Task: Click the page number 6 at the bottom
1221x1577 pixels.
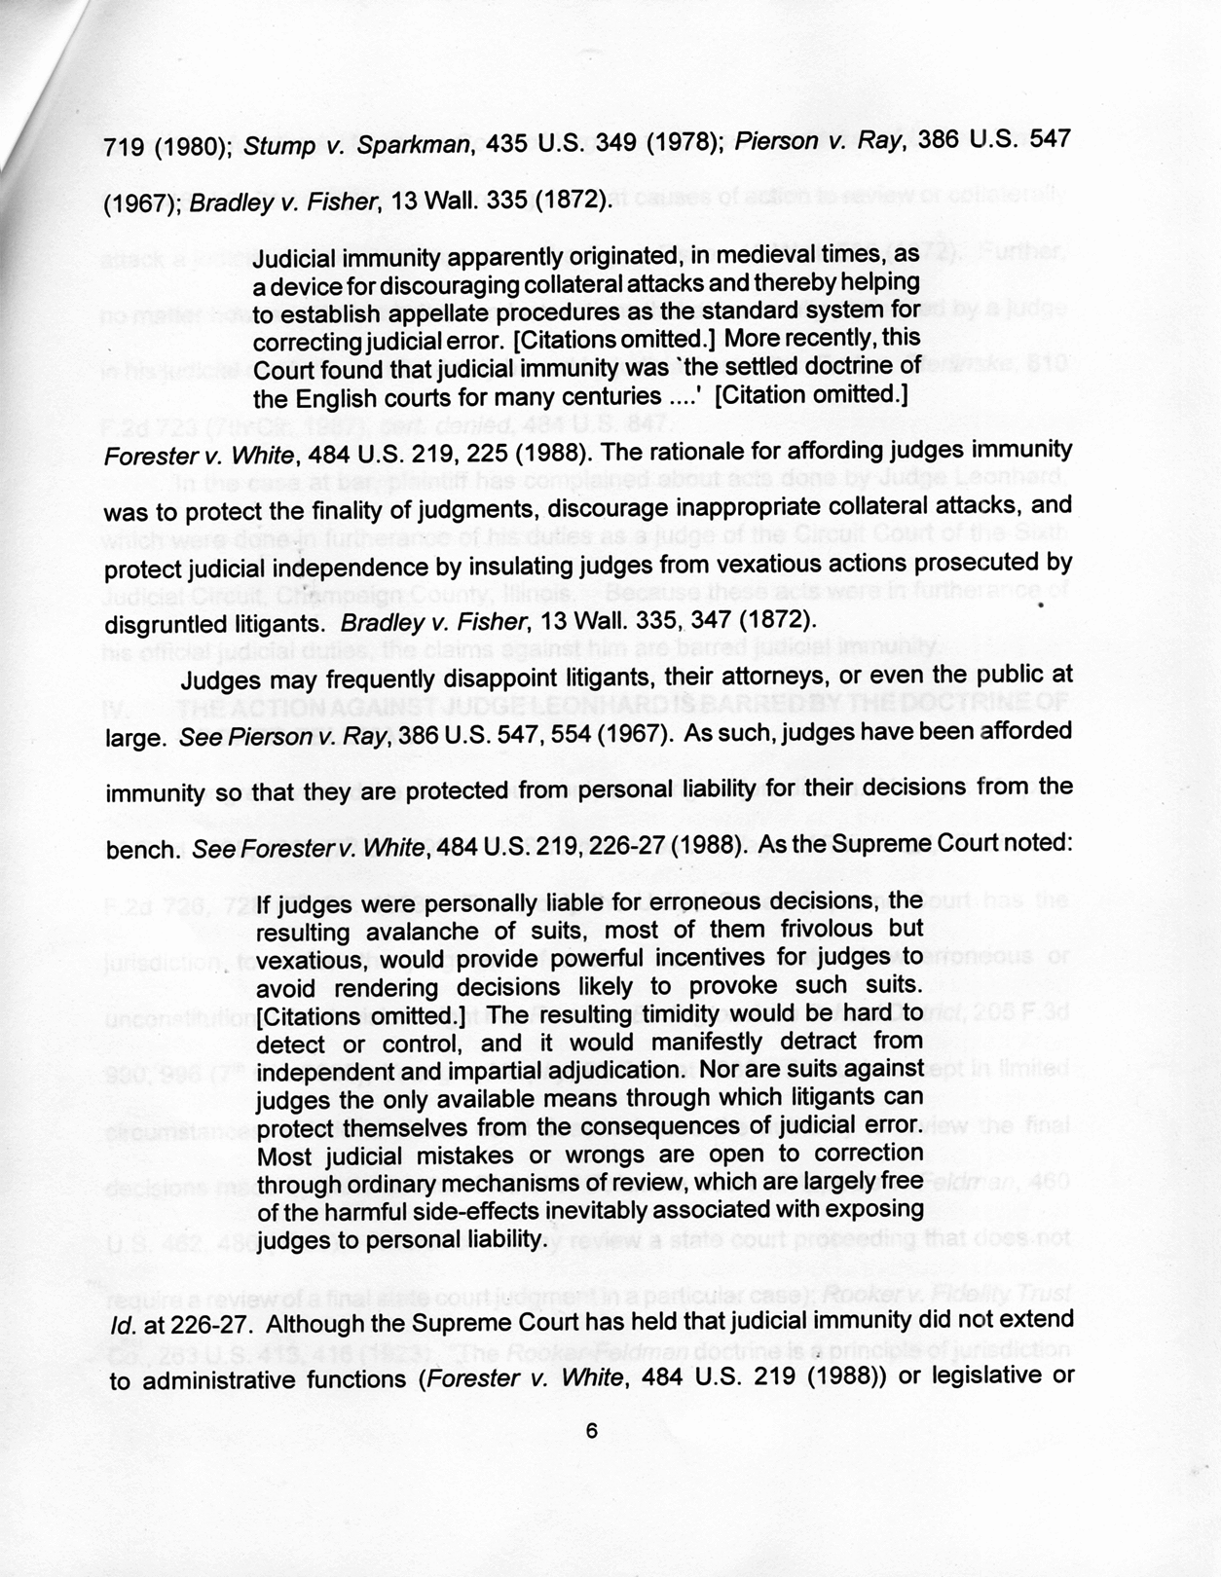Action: click(591, 1430)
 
